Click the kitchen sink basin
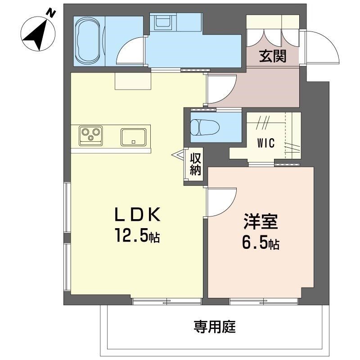pos(134,136)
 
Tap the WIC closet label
pos(267,143)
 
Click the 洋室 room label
pos(261,222)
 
